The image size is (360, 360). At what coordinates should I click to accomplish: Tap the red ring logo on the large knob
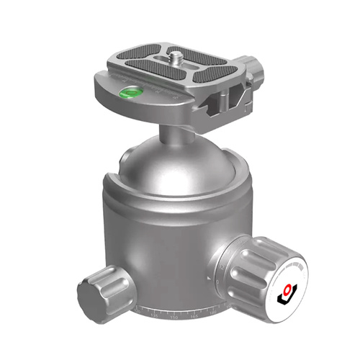click(x=289, y=288)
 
